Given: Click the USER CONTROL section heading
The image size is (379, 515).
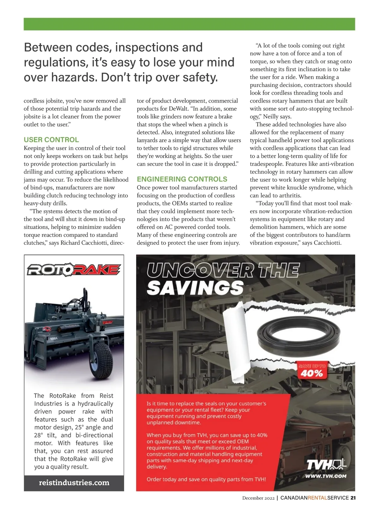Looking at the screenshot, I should (51, 140).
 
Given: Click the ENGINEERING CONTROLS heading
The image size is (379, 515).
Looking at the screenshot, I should (182, 179).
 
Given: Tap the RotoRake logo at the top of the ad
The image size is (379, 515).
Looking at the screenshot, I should (74, 270).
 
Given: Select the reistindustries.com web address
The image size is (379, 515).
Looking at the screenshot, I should (74, 482).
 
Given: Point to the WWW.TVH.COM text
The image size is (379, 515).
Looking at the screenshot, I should (326, 476).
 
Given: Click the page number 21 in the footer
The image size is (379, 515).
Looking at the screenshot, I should (353, 498).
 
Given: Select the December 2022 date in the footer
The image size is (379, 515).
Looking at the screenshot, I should (258, 498).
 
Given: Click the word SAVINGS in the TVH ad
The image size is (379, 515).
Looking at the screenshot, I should (195, 288).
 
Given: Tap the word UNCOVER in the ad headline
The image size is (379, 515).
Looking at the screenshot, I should (200, 270).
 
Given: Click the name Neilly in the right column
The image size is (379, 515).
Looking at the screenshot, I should (271, 117).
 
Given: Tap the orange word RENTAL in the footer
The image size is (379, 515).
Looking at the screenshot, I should (317, 498).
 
